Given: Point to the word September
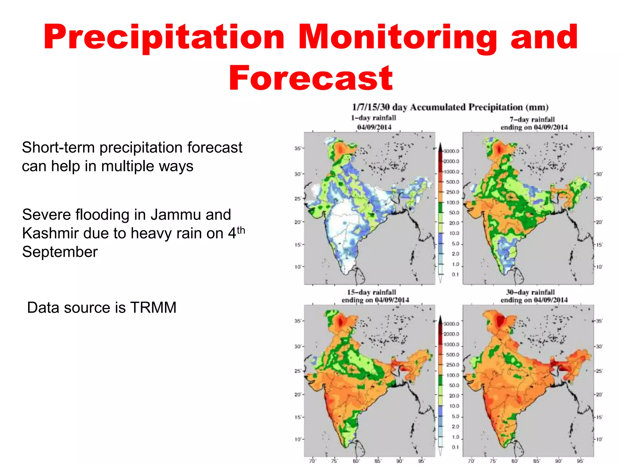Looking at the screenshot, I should (60, 252).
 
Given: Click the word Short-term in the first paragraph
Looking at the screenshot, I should (58, 148).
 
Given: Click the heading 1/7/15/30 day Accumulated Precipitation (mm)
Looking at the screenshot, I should (450, 107).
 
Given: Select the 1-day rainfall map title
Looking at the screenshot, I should (374, 122).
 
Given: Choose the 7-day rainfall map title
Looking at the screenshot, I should (534, 123).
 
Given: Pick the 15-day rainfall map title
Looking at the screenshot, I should (375, 296).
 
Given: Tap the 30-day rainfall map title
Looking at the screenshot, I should (534, 296).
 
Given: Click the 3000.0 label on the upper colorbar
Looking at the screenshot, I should (452, 151).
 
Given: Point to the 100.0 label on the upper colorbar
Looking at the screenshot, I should (453, 203).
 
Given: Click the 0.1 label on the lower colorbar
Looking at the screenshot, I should (455, 447).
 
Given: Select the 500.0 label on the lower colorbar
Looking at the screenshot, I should (453, 355).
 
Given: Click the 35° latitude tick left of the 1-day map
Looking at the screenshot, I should (298, 148).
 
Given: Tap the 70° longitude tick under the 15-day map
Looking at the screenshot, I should (312, 461).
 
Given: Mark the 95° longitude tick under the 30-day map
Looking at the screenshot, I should (580, 461).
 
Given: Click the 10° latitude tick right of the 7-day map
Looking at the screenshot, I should (599, 267).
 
